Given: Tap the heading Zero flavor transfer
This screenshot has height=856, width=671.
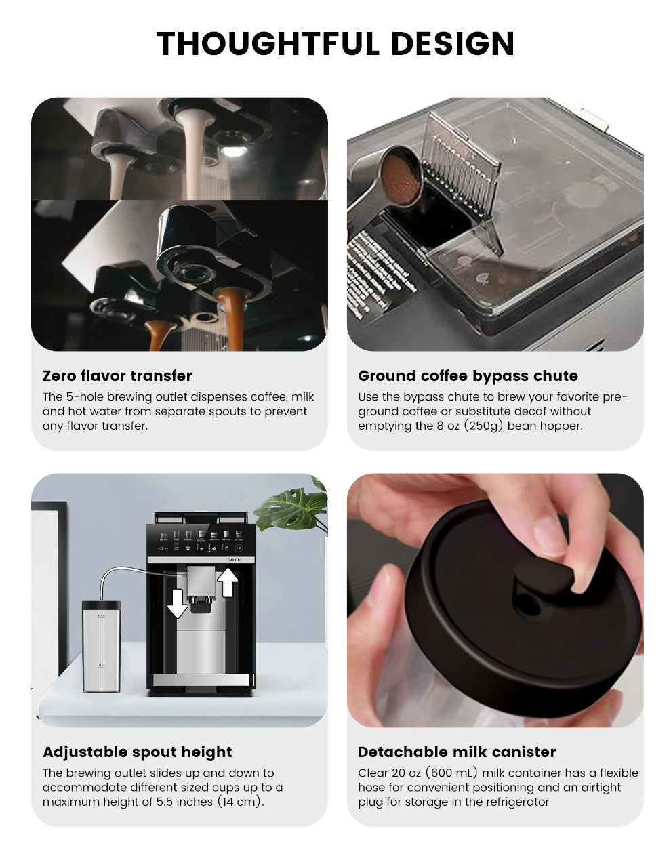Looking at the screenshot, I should [x=117, y=376].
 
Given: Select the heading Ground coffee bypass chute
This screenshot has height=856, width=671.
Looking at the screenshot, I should [x=468, y=376].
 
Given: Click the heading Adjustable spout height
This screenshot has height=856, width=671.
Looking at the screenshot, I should [x=137, y=752].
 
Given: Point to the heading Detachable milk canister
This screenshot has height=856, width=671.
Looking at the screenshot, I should [x=456, y=752].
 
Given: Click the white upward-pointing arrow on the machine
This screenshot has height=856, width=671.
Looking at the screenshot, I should [x=229, y=582].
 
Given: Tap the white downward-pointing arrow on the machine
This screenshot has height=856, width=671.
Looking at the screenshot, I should [x=177, y=603].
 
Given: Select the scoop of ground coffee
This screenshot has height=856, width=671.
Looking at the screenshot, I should [x=400, y=176].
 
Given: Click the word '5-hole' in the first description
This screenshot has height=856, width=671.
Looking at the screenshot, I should [x=83, y=396].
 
